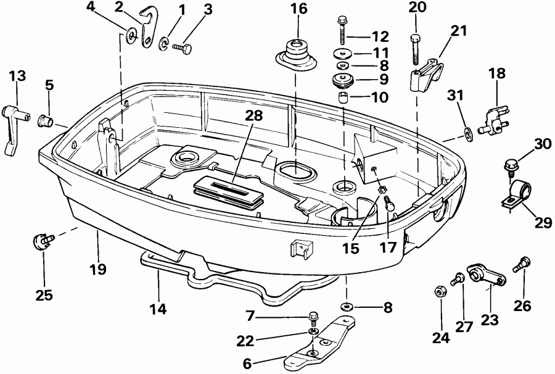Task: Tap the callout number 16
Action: (298, 10)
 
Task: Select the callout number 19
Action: (97, 269)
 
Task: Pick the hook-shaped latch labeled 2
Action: (146, 27)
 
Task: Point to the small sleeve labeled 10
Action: (343, 98)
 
